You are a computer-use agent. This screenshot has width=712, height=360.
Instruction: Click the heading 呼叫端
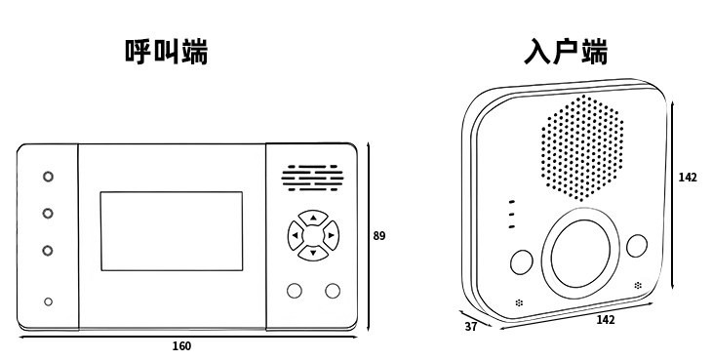coord(166,52)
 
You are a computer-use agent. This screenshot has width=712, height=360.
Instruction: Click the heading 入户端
coord(567,52)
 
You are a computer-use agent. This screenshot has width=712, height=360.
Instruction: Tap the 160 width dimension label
coord(181,346)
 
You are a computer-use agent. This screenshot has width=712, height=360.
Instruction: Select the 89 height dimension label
coord(379,236)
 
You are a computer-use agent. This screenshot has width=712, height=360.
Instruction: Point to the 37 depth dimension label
coord(471,327)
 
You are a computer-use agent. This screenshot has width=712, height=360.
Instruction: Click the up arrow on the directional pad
coord(313,218)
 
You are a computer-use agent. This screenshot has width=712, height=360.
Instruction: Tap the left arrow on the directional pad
coord(296,235)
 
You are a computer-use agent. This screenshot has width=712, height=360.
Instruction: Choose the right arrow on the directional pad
coord(331,235)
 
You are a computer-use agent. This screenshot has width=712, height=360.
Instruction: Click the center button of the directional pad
coord(313,235)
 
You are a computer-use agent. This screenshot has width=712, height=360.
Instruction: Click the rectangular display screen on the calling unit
coord(172,231)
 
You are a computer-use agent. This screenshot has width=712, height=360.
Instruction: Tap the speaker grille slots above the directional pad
coord(312,178)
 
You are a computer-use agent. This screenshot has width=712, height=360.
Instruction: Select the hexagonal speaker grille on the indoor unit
coord(581,148)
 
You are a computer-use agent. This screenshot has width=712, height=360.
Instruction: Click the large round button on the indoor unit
coord(580,254)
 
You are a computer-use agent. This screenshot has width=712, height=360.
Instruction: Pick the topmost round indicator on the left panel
coord(48,177)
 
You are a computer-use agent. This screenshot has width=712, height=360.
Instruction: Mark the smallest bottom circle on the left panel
coord(48,301)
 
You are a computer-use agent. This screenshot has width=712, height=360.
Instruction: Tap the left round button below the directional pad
coord(295,291)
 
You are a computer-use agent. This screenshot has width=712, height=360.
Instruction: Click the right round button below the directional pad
coord(333,291)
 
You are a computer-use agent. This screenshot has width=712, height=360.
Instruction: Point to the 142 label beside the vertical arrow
coord(688,178)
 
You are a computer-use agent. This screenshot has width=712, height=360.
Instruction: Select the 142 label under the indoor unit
coord(606,320)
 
